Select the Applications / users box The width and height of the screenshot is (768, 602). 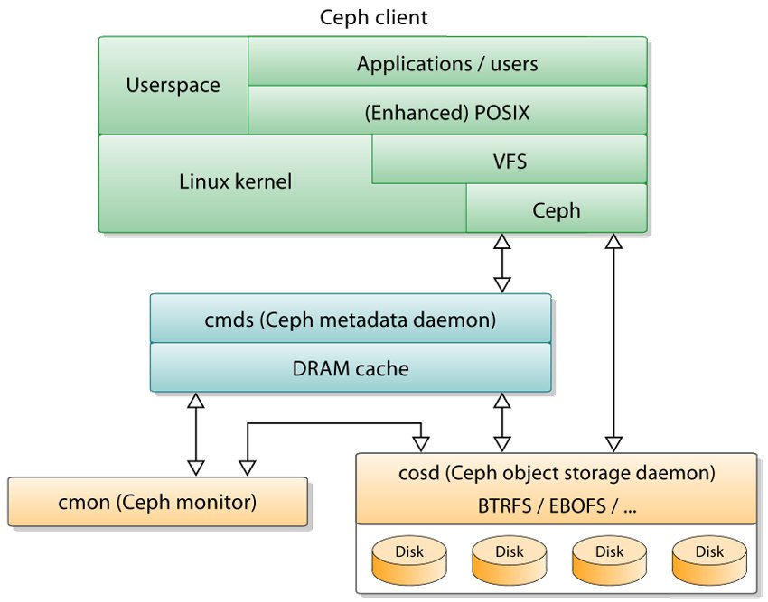pyautogui.click(x=447, y=63)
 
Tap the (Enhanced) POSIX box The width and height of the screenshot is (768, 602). pyautogui.click(x=447, y=112)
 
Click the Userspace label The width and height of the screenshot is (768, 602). pyautogui.click(x=173, y=87)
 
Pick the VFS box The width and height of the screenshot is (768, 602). pyautogui.click(x=509, y=162)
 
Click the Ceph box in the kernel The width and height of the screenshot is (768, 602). pyautogui.click(x=556, y=210)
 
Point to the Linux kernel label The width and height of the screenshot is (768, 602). pyautogui.click(x=235, y=181)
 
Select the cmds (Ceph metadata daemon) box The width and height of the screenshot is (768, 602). pyautogui.click(x=351, y=319)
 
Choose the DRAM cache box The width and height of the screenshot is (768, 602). pyautogui.click(x=351, y=367)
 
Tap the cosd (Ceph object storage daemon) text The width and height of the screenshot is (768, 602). pyautogui.click(x=557, y=472)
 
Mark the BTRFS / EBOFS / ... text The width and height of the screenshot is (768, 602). pyautogui.click(x=557, y=505)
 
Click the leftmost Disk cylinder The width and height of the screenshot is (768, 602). pyautogui.click(x=408, y=557)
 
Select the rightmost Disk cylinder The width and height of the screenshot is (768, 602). pyautogui.click(x=708, y=557)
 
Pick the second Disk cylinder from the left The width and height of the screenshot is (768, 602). pyautogui.click(x=509, y=557)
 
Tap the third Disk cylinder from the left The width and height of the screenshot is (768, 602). pyautogui.click(x=609, y=557)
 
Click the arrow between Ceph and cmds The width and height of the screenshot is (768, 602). pyautogui.click(x=501, y=264)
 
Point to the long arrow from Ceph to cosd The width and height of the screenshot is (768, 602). pyautogui.click(x=614, y=343)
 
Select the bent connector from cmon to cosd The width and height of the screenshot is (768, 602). pyautogui.click(x=334, y=424)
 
